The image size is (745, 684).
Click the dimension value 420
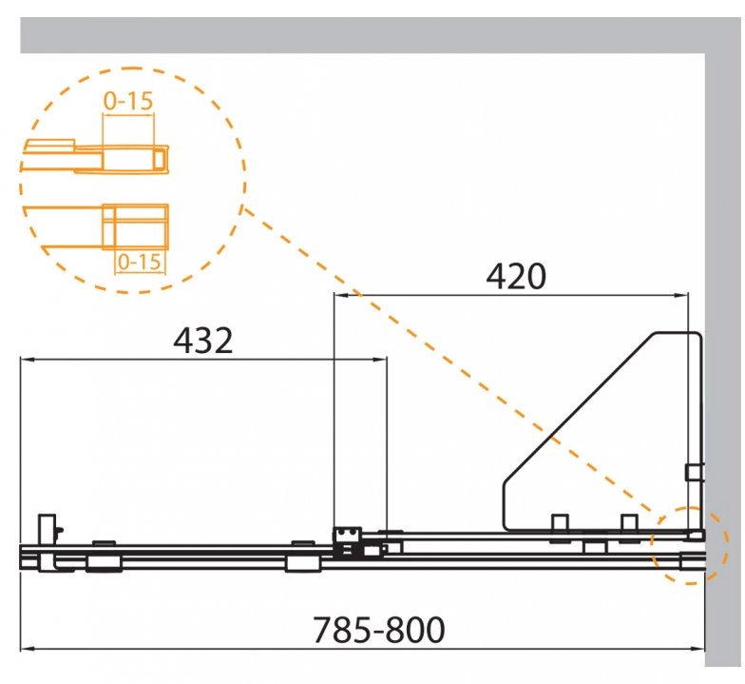pyautogui.click(x=516, y=276)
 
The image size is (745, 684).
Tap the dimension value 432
pyautogui.click(x=203, y=341)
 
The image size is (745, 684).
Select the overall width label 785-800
pyautogui.click(x=378, y=630)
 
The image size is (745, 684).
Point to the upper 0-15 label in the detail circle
pyautogui.click(x=128, y=101)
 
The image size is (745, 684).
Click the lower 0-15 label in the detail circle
pyautogui.click(x=139, y=262)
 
